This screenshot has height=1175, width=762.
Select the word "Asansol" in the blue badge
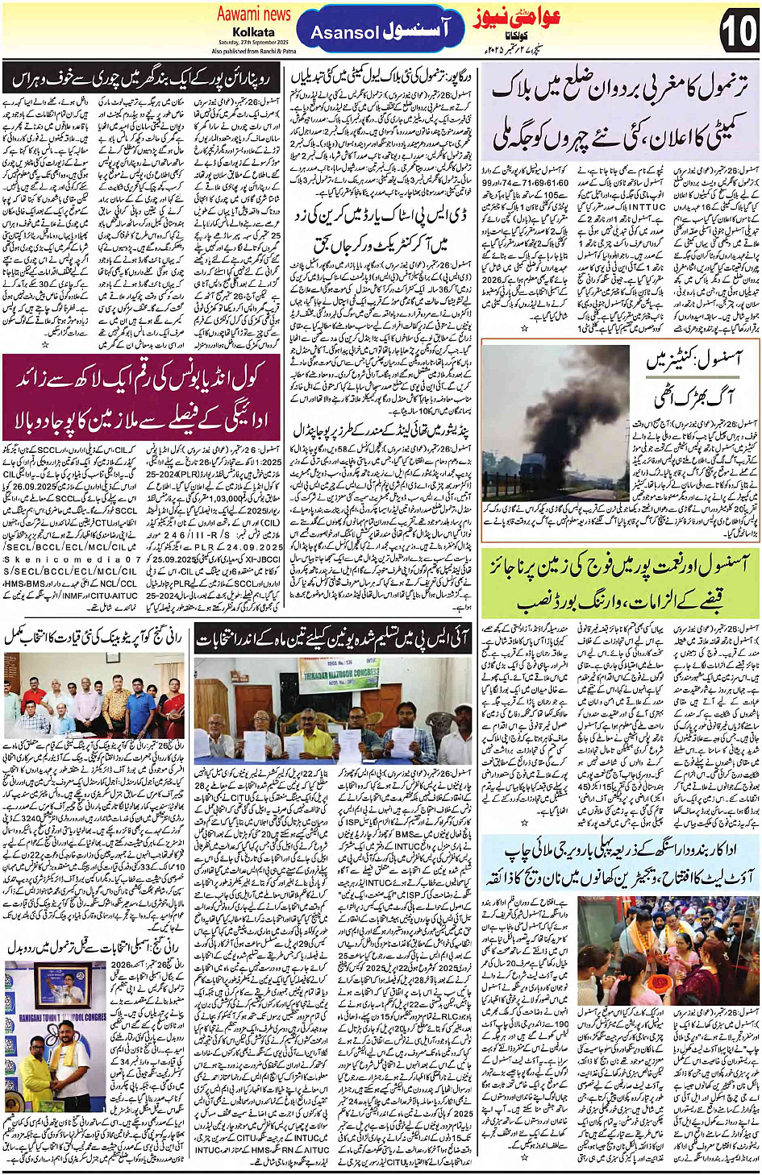click(x=344, y=33)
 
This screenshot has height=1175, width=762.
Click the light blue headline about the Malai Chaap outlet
click(x=620, y=864)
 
